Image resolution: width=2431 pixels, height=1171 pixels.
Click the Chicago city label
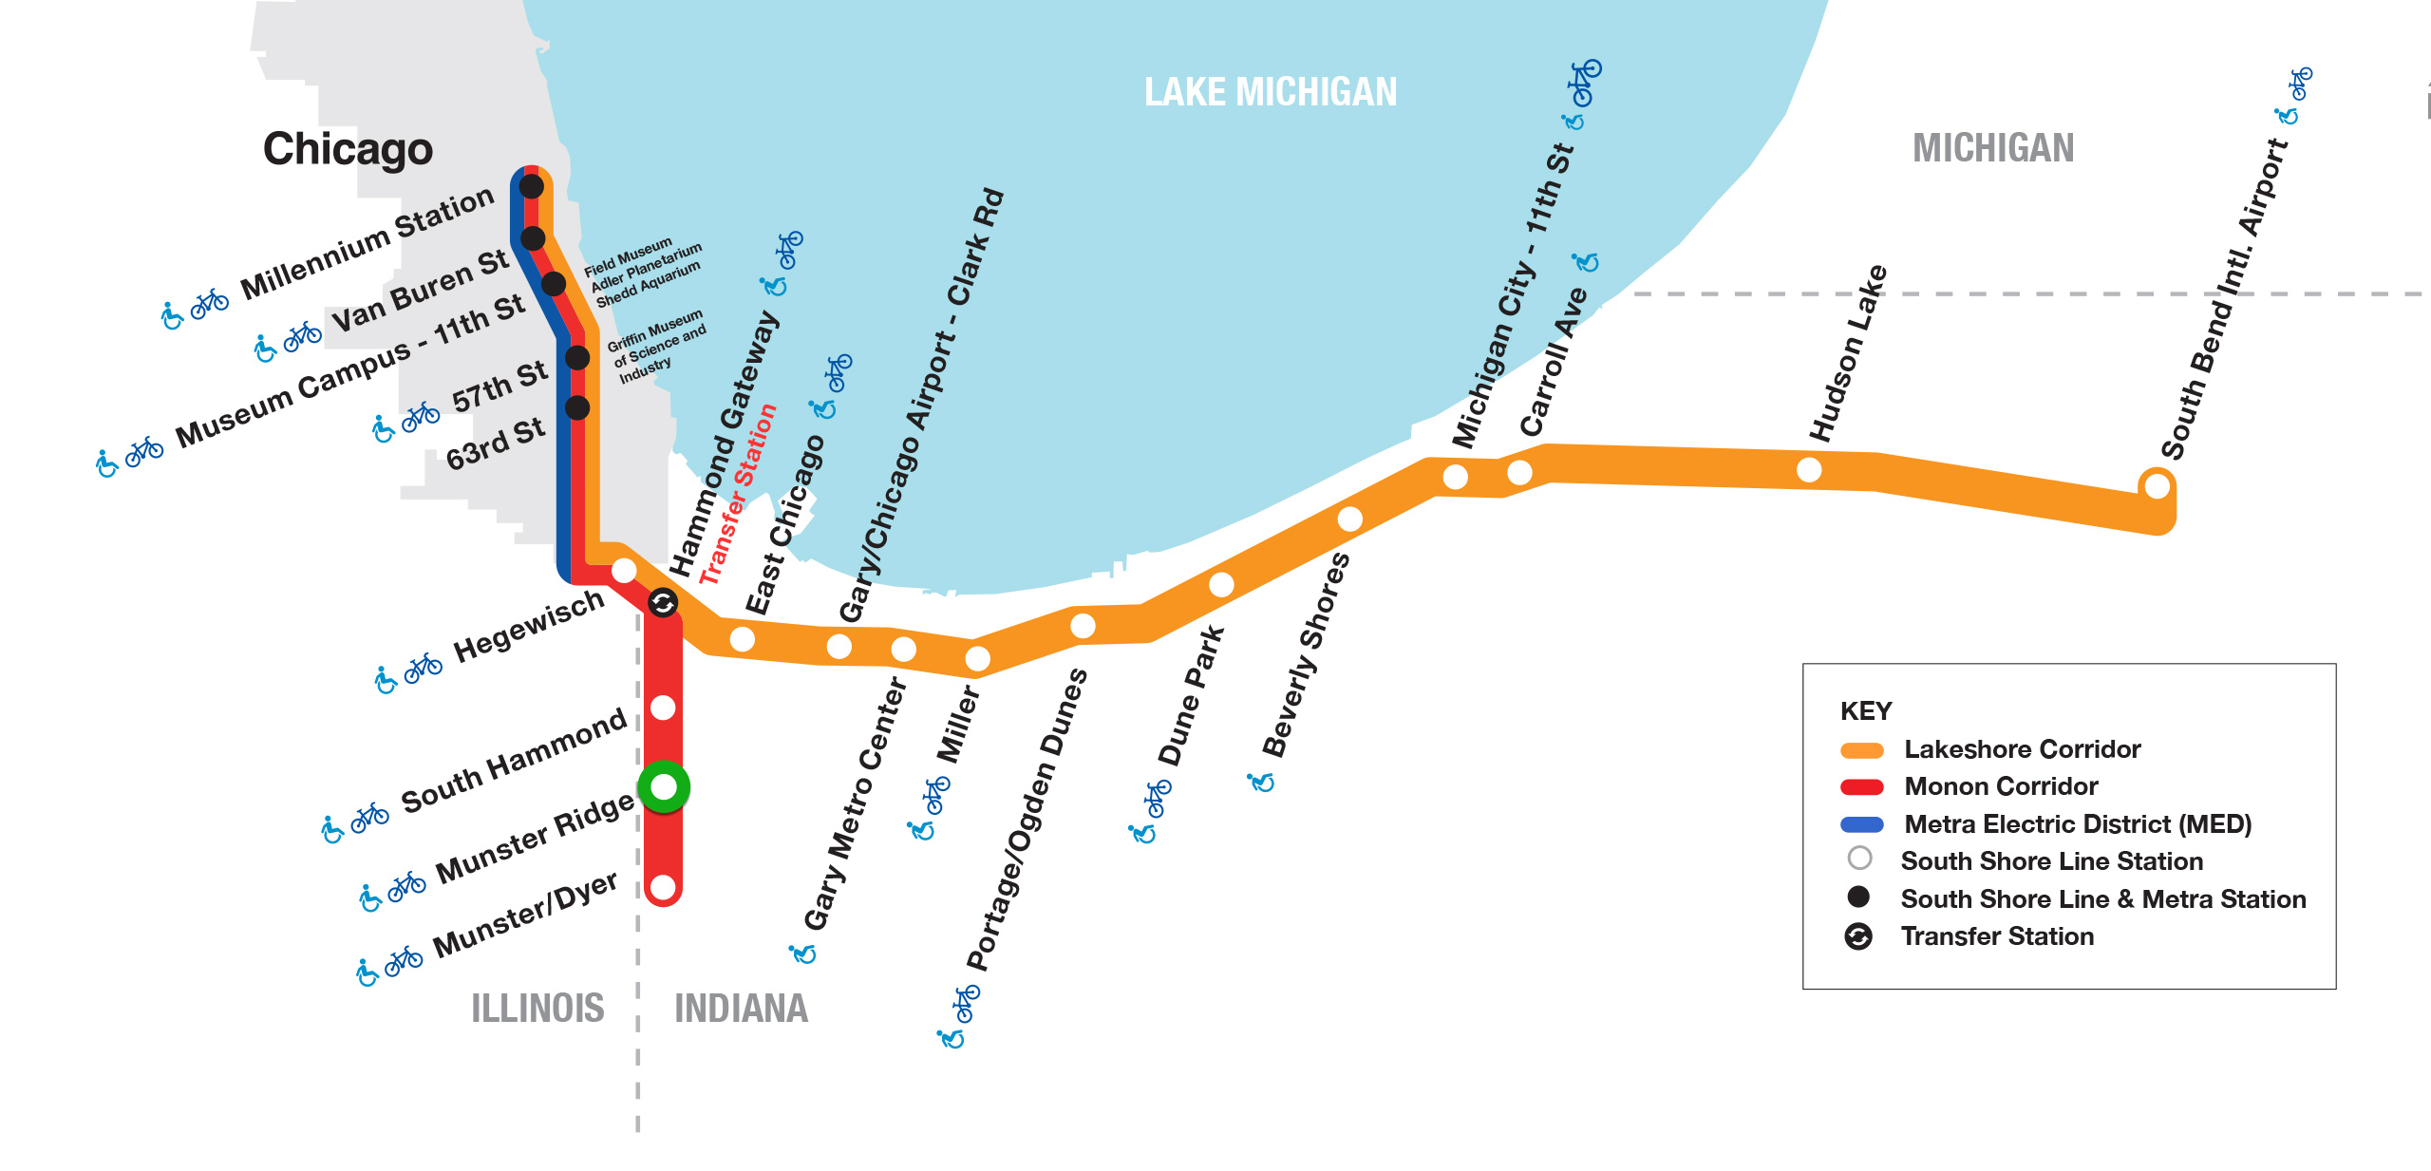[348, 149]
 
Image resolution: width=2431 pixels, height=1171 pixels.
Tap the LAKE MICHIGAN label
[1270, 92]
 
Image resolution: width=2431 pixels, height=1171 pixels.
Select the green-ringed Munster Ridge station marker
[664, 786]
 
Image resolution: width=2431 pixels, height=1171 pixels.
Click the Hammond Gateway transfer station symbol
[663, 602]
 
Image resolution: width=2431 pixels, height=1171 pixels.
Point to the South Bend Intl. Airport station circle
[2157, 486]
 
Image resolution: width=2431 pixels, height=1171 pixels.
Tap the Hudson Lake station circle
[1809, 469]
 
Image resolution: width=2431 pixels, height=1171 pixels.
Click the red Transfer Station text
[738, 494]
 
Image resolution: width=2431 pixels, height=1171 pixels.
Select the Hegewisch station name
[528, 626]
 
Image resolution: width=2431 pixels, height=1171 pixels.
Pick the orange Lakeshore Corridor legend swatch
[1861, 750]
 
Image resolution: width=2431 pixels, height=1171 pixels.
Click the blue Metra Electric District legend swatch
[1861, 824]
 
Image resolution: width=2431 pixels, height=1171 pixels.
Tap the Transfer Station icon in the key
[1858, 936]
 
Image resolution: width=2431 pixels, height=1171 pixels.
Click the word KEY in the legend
[1865, 711]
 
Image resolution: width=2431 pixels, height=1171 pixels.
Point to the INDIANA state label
[741, 1009]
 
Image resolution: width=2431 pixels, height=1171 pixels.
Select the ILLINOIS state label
[537, 1009]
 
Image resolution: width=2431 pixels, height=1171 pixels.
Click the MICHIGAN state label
[1992, 148]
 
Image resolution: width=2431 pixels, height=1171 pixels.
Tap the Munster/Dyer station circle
[663, 888]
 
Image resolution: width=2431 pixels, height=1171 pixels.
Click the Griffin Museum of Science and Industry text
[656, 347]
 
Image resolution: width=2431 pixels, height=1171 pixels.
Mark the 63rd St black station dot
[577, 407]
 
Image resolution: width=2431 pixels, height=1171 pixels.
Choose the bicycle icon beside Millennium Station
[210, 303]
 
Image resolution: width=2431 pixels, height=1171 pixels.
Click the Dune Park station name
[1192, 695]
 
